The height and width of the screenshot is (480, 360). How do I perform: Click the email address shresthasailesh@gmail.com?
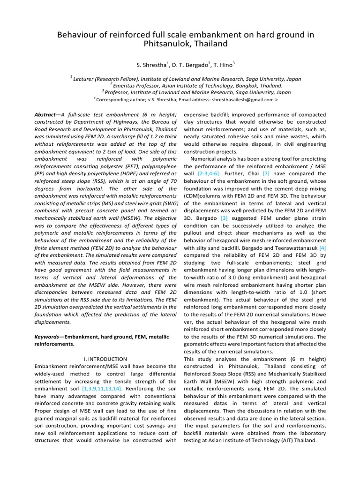[x=243, y=100]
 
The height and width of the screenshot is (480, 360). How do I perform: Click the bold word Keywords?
[x=48, y=337]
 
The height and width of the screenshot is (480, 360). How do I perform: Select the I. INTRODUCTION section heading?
[x=102, y=359]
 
